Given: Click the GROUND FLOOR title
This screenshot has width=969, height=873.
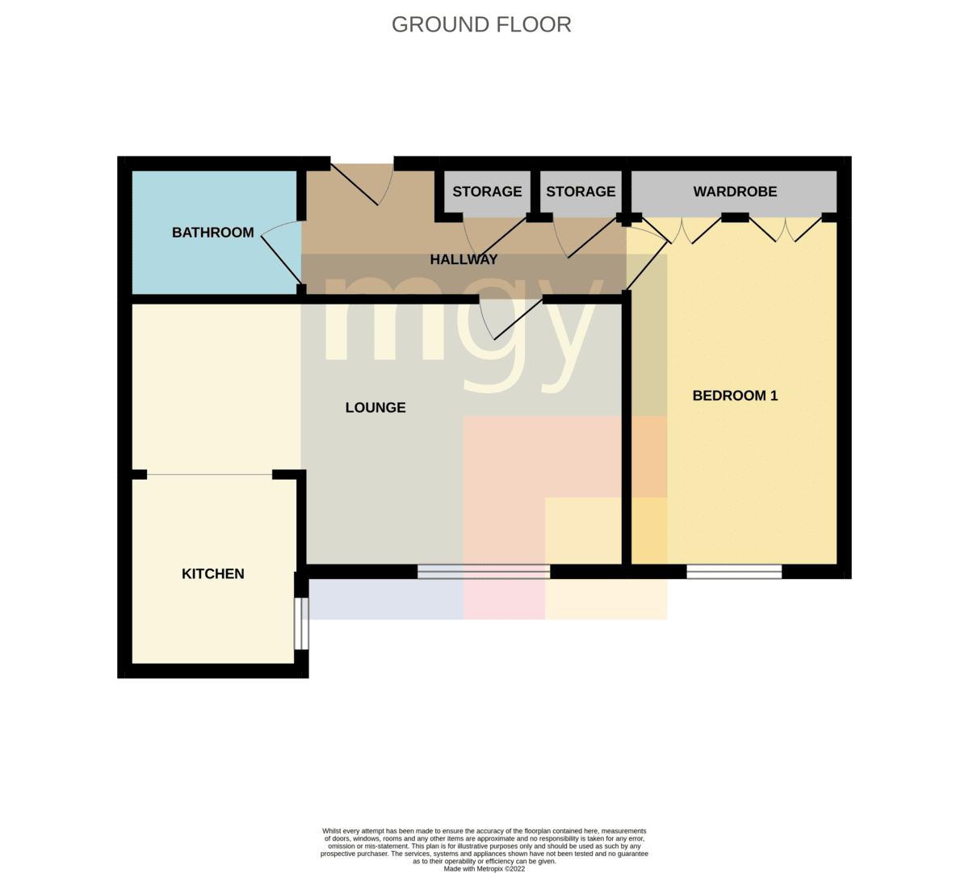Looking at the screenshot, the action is coord(481,25).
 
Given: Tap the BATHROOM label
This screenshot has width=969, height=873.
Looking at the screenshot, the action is coord(213,233).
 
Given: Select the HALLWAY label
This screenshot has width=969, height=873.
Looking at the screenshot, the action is coord(464,259).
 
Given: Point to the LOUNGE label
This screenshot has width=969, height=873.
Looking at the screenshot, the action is coord(375,407).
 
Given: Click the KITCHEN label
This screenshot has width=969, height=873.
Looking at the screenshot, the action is coord(213,573).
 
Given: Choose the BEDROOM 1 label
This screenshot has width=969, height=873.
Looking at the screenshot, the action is coord(735,396).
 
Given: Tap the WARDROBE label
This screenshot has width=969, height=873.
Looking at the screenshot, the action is coord(735,191).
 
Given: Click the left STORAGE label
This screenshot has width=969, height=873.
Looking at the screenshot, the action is coord(487,191).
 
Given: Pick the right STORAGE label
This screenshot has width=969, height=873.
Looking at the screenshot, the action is coord(581,191).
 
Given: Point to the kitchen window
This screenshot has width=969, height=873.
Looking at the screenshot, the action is coord(301,623).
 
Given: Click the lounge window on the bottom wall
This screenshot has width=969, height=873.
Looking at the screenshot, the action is coord(484,572).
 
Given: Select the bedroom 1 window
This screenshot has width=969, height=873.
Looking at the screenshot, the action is coord(734,572).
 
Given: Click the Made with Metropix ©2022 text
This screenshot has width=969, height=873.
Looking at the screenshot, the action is coord(484,869).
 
